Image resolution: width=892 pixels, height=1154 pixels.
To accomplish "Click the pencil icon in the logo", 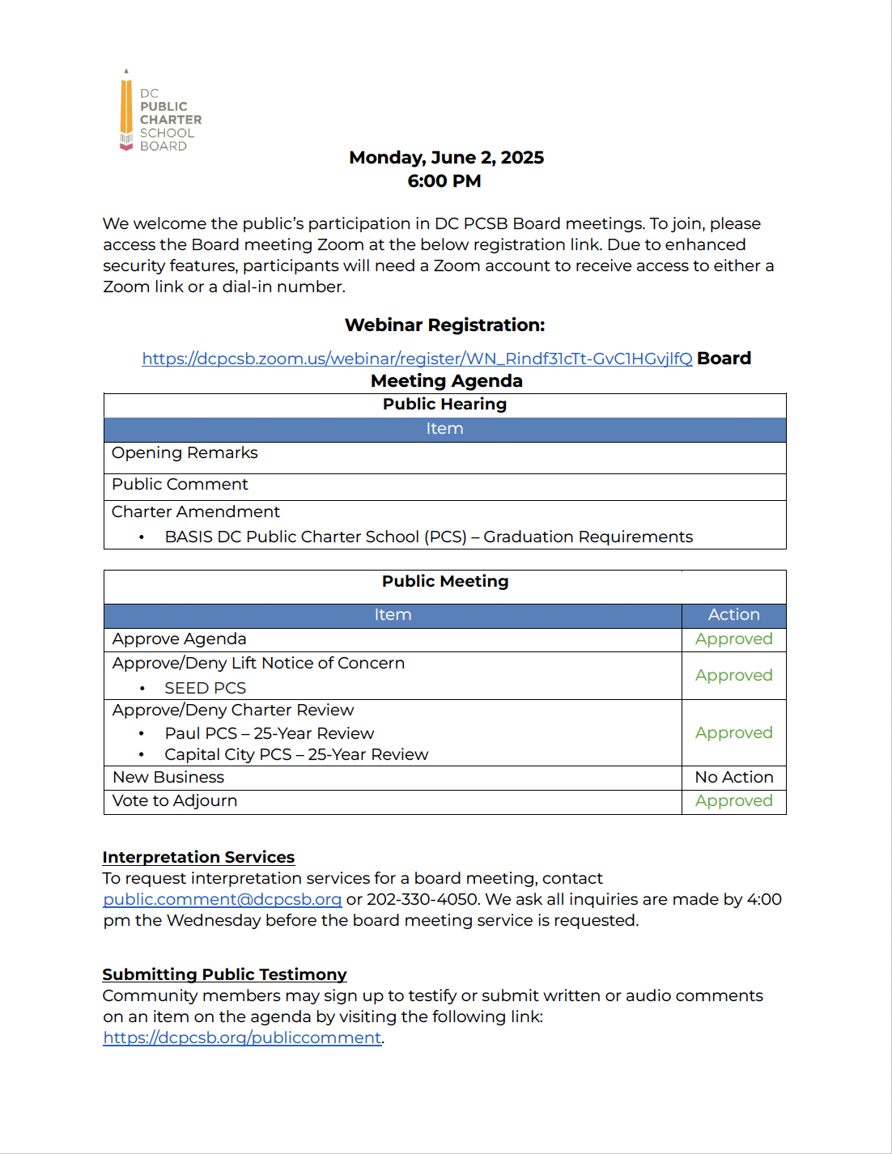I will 126,110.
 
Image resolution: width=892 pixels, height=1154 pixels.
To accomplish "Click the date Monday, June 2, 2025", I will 446,158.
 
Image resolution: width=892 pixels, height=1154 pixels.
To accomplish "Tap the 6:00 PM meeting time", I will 444,181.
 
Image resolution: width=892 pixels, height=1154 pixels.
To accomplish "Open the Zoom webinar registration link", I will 417,359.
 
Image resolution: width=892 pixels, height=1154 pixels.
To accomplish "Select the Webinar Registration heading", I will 444,325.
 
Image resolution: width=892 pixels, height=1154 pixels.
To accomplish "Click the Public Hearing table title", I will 444,405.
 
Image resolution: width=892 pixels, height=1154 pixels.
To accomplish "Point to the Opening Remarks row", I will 185,453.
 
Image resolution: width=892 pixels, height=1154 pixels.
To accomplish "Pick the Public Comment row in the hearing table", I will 180,485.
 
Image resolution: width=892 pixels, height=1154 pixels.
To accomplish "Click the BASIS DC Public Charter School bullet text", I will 428,537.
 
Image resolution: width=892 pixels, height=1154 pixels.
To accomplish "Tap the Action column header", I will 733,615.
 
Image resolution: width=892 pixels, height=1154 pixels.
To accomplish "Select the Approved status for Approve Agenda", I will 733,639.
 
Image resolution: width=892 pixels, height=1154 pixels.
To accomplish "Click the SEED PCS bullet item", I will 205,689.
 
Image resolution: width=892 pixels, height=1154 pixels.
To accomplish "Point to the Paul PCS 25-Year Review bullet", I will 269,734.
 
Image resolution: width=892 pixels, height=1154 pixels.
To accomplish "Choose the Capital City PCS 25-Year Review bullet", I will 296,755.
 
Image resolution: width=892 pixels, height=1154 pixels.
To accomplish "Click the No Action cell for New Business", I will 733,778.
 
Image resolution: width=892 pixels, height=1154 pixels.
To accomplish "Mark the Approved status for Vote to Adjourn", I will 733,801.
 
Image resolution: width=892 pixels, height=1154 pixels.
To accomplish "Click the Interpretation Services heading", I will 198,858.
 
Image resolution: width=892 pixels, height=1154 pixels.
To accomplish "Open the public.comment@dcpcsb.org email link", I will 222,900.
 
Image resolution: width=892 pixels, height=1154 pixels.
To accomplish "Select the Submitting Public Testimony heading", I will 224,975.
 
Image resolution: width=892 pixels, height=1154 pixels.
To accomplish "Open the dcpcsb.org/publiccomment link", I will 242,1038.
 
